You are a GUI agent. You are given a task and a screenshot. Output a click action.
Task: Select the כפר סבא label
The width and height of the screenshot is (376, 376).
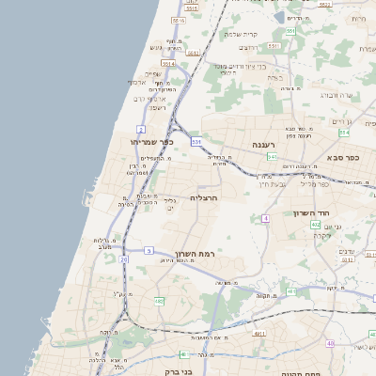click(344, 158)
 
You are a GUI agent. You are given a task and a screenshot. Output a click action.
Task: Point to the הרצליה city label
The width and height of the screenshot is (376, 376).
click(204, 198)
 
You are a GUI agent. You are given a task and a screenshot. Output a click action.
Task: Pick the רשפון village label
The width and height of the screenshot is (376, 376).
click(155, 107)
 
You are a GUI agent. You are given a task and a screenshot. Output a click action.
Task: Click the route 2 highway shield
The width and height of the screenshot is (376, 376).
click(140, 128)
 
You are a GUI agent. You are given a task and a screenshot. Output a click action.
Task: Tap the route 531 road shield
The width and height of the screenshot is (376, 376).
click(196, 141)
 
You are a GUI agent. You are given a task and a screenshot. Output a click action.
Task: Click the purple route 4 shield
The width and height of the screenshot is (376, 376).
click(266, 217)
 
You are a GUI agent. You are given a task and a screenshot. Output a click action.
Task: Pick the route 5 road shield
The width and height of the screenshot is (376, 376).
click(149, 249)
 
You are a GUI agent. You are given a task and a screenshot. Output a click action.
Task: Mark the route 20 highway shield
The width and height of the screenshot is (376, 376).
click(123, 259)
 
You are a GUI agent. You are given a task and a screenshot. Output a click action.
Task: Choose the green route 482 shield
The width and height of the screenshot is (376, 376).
click(159, 301)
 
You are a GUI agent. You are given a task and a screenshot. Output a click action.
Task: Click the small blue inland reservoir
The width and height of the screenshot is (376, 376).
click(280, 17)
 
